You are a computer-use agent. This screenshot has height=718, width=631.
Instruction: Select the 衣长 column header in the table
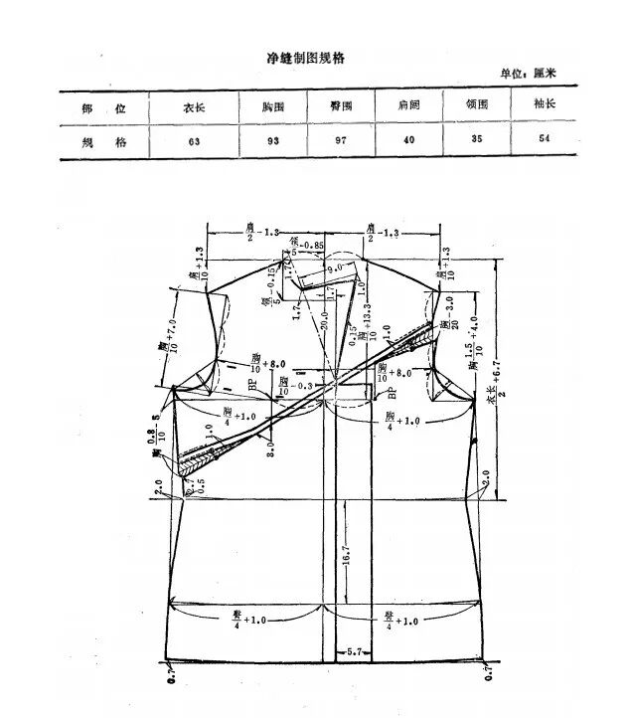(193, 104)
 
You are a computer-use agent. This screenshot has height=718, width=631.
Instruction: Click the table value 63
(193, 140)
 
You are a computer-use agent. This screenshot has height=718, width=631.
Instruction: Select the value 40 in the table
(407, 139)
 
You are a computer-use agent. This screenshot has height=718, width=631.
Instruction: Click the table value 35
(476, 138)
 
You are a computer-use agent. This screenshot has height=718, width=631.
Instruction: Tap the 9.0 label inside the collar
(335, 268)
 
